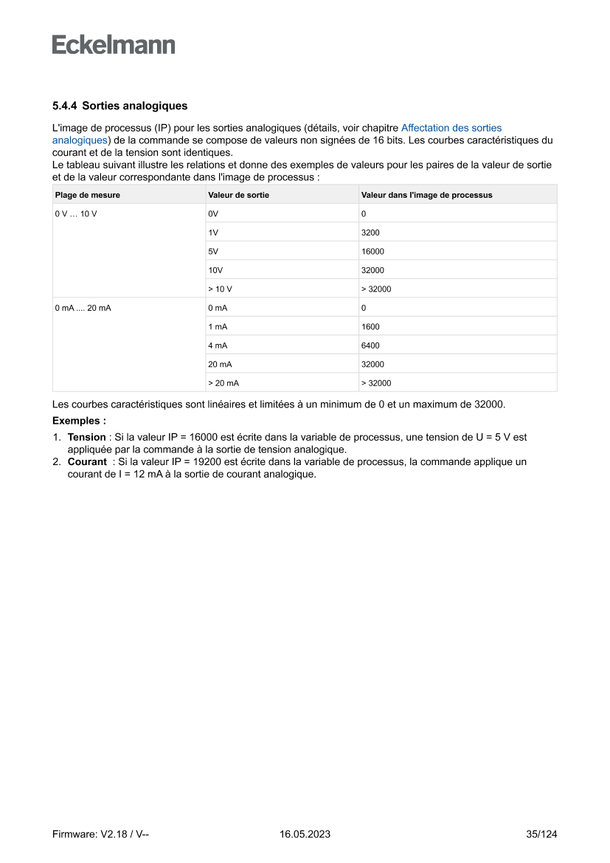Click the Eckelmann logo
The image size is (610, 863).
(114, 45)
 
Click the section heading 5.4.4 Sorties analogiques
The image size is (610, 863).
(119, 106)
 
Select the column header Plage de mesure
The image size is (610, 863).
(87, 195)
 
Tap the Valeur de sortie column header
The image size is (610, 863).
(238, 195)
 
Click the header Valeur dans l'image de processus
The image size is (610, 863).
(426, 195)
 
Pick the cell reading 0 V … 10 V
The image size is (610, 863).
(76, 213)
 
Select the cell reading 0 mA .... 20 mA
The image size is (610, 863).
(83, 308)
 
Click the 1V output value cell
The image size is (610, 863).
(213, 233)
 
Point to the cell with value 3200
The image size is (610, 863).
(370, 233)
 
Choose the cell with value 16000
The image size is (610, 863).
(372, 251)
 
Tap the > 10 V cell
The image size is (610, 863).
(221, 289)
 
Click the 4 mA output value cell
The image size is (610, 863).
(218, 345)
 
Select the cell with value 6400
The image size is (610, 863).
(370, 345)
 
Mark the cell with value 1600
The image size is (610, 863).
(370, 326)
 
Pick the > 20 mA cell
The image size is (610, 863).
(223, 383)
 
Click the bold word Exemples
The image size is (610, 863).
(79, 421)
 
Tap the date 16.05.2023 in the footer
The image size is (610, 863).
(305, 834)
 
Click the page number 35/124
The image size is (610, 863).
(541, 834)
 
